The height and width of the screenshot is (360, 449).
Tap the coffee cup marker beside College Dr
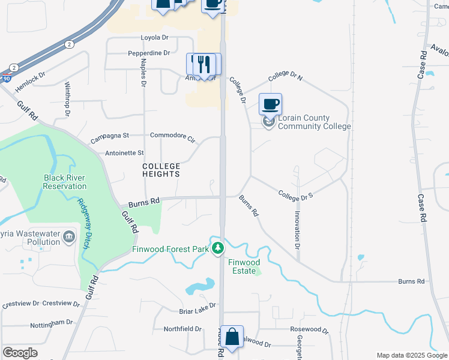coord(270,104)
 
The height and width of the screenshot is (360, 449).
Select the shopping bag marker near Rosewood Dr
coord(232,336)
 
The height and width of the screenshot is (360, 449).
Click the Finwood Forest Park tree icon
coord(220,248)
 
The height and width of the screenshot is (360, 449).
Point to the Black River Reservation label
coord(65,182)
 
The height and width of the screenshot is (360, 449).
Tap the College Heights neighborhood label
coord(161,170)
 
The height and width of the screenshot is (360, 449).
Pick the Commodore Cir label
coord(173,136)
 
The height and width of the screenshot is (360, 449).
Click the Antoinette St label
coord(124,153)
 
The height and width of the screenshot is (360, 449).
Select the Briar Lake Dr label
coord(197,311)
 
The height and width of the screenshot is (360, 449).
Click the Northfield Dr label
coord(182,329)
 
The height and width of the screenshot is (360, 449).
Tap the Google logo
coord(20,352)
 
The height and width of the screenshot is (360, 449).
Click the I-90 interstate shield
coord(5,78)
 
